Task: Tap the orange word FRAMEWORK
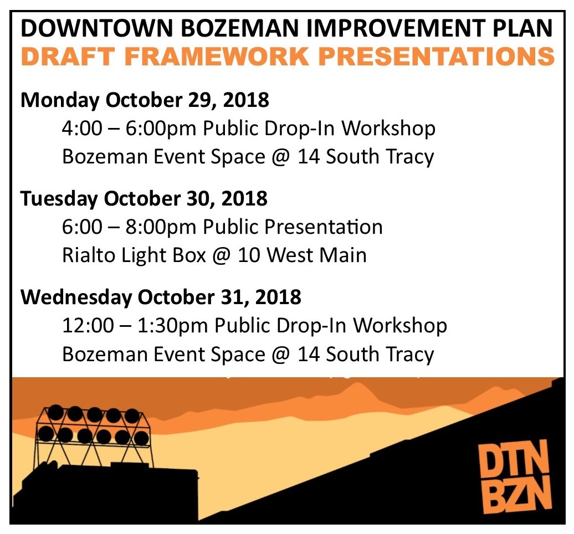(217, 57)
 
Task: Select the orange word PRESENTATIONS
(437, 57)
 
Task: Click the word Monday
(60, 100)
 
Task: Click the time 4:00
(82, 129)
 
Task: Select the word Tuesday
(59, 199)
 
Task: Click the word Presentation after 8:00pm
(323, 227)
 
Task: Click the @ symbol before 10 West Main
(221, 255)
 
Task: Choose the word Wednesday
(76, 297)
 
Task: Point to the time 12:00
(88, 325)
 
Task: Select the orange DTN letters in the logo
(514, 458)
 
